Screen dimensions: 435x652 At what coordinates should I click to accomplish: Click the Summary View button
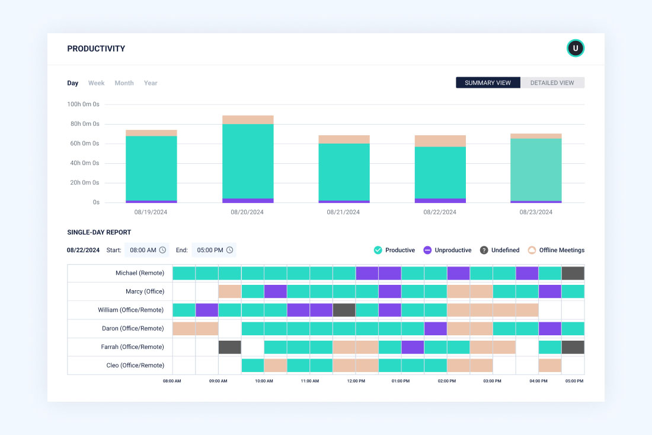pyautogui.click(x=488, y=83)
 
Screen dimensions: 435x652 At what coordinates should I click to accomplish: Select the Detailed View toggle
pyautogui.click(x=552, y=83)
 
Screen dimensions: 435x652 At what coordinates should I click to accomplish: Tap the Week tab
pyautogui.click(x=96, y=83)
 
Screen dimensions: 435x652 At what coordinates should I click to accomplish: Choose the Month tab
pyautogui.click(x=124, y=83)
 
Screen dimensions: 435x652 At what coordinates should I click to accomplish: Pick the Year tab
pyautogui.click(x=151, y=83)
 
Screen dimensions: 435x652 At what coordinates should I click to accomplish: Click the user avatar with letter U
pyautogui.click(x=575, y=48)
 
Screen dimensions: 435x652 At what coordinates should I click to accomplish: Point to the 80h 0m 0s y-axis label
pyautogui.click(x=83, y=124)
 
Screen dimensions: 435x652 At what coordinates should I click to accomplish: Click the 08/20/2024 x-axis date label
pyautogui.click(x=247, y=212)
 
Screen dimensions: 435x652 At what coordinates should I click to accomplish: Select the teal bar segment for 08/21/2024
pyautogui.click(x=344, y=172)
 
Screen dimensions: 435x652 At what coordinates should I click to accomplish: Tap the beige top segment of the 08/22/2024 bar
pyautogui.click(x=440, y=141)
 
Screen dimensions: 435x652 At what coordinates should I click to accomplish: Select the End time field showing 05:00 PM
pyautogui.click(x=214, y=250)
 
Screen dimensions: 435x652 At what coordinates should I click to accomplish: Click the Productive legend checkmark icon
pyautogui.click(x=378, y=250)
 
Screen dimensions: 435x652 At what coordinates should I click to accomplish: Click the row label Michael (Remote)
pyautogui.click(x=140, y=273)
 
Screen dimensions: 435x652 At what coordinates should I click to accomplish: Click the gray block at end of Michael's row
pyautogui.click(x=573, y=273)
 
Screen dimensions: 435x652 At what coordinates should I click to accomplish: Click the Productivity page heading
pyautogui.click(x=96, y=49)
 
